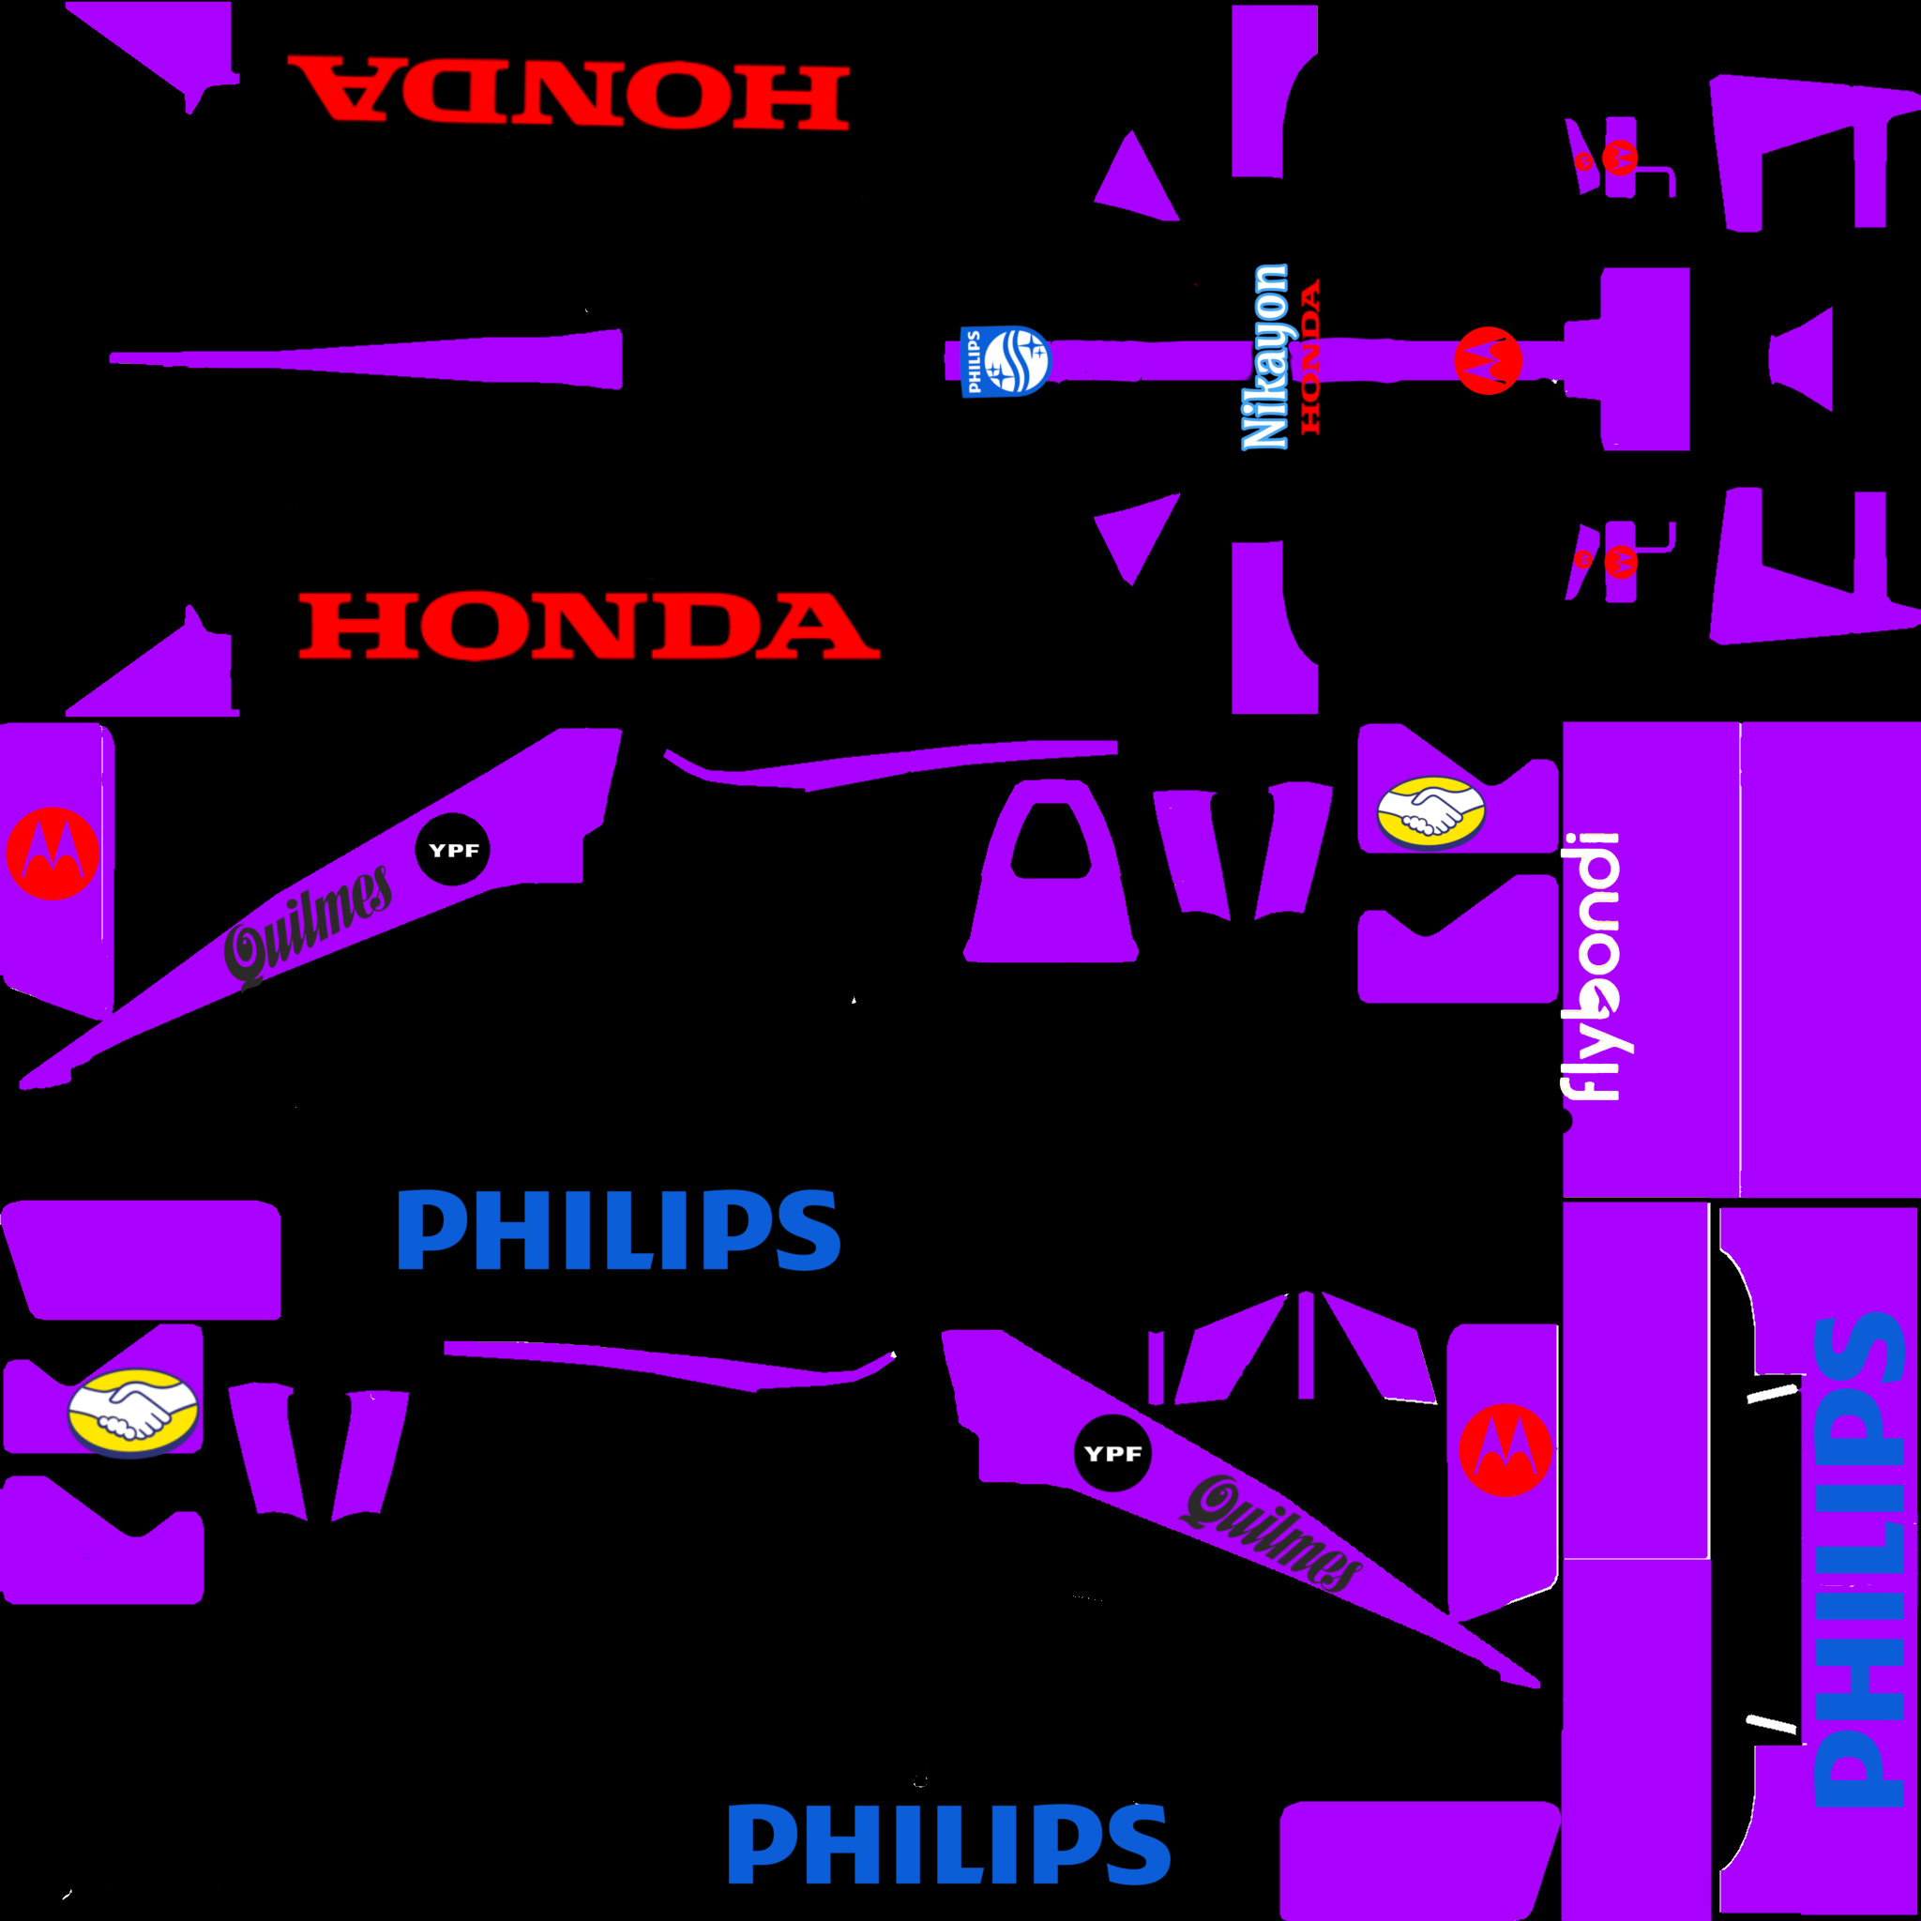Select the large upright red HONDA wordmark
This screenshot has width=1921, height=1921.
click(x=589, y=627)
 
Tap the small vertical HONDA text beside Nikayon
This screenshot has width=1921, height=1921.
click(x=1311, y=355)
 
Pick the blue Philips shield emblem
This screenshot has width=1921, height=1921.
click(x=1006, y=360)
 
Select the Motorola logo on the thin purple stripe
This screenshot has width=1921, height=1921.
click(x=1488, y=360)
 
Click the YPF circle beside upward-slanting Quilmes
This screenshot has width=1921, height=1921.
click(x=452, y=850)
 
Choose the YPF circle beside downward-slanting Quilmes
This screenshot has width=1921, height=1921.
click(x=1112, y=1454)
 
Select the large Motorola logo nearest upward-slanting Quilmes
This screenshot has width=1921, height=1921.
click(x=53, y=854)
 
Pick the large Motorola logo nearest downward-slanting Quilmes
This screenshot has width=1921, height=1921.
click(x=1505, y=1450)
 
